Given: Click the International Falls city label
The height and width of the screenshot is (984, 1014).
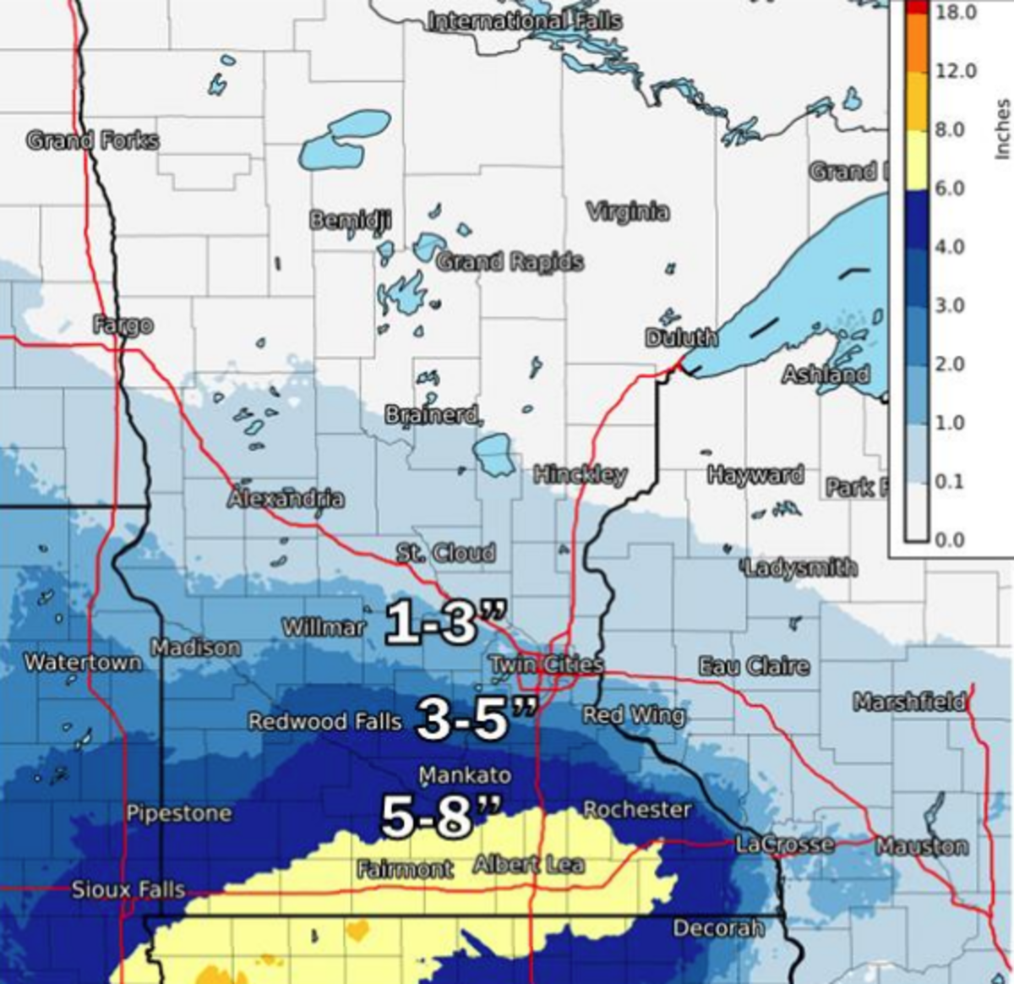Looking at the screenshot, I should (524, 21).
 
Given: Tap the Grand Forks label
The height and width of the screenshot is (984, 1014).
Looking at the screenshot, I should (92, 140).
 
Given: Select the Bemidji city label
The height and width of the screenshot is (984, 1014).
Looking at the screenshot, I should (351, 221).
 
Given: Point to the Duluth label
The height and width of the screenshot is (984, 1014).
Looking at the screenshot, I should (681, 338).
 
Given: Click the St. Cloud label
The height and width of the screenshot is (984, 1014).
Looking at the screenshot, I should (446, 554).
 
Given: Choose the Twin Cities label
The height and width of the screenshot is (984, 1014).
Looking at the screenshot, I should (548, 664).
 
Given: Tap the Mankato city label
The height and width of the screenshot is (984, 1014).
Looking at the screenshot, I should (466, 775).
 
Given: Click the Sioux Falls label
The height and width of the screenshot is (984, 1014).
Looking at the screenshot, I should (128, 889).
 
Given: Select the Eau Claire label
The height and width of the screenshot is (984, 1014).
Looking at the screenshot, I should (754, 666).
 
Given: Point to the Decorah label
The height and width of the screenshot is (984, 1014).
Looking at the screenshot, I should (718, 928).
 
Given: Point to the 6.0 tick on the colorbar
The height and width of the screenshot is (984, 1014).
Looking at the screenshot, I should (950, 188).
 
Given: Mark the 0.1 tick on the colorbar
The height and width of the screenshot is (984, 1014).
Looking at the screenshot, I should (950, 481).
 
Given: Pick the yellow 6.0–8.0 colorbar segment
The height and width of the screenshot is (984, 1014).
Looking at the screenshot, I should (916, 160).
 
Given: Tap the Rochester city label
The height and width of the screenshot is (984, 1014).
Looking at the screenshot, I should (637, 810).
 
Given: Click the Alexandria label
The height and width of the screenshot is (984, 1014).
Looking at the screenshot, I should (286, 499).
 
